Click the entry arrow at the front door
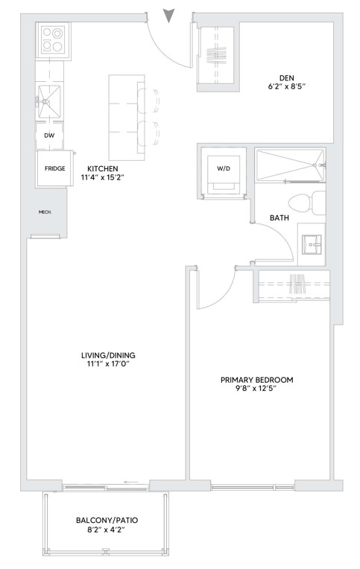point(168,15)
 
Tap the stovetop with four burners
point(52,40)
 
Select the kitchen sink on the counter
point(48,101)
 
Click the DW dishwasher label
point(49,136)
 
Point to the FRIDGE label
point(55,168)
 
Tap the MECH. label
point(45,212)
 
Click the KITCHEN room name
point(103,169)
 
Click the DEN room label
point(287,78)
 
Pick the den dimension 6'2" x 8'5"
point(287,86)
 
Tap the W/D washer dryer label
point(224,168)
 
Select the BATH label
point(280,217)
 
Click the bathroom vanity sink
point(312,245)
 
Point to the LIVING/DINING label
point(108,355)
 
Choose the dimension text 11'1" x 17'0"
point(108,364)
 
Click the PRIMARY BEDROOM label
point(257,380)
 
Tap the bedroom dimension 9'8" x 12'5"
point(257,389)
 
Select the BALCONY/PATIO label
point(107,521)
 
